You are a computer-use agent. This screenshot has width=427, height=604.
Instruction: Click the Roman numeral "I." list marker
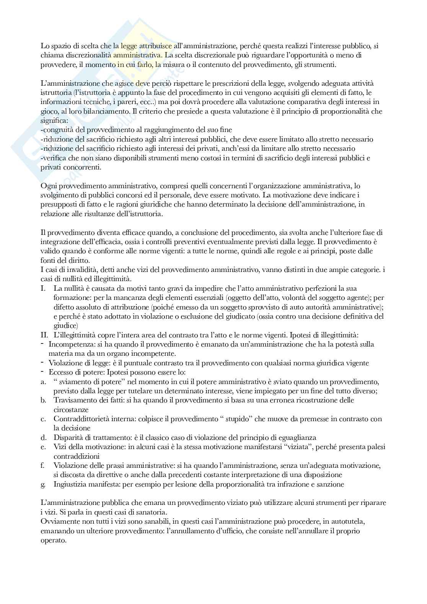43,288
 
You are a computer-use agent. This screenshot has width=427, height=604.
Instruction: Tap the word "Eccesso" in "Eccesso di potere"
60,372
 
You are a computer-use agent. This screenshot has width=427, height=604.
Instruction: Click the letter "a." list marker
43,382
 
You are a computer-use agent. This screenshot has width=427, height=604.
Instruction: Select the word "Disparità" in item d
67,437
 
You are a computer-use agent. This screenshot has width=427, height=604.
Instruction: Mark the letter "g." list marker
43,484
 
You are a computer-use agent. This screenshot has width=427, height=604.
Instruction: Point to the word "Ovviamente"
59,521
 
